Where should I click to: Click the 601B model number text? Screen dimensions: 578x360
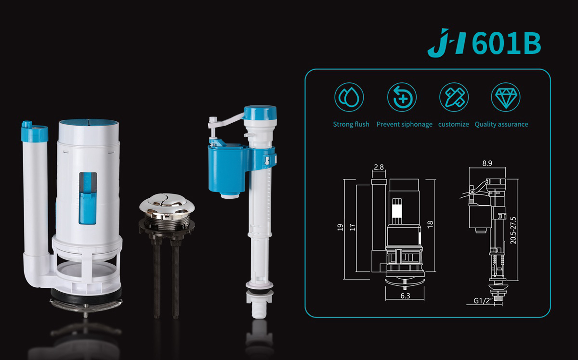(x=506, y=43)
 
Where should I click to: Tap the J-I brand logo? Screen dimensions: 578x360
(x=447, y=42)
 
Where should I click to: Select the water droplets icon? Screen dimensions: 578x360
(x=349, y=97)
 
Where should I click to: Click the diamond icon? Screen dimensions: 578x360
(x=505, y=97)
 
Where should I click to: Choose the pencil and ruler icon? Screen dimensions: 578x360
(x=454, y=97)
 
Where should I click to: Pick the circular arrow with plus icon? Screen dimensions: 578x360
(x=402, y=97)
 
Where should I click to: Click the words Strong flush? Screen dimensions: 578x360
(x=351, y=124)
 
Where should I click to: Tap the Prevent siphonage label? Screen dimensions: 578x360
(x=404, y=124)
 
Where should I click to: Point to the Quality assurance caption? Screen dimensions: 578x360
(x=501, y=124)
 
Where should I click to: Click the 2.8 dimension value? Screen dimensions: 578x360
(x=379, y=167)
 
